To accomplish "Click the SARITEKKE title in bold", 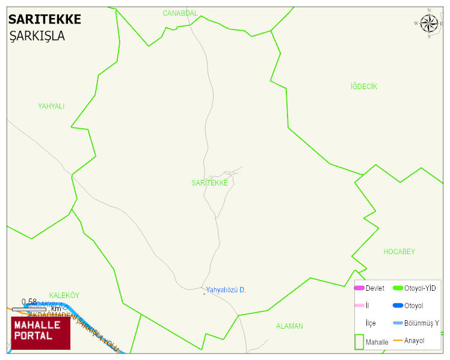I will [45, 19].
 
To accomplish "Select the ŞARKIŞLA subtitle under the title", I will [37, 36].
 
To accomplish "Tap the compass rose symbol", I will [429, 23].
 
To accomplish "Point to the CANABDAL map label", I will [180, 13].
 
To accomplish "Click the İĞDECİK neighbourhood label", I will [363, 87].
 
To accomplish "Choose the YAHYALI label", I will [51, 107].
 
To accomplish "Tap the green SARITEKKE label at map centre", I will [209, 183].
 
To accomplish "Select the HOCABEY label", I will [399, 252].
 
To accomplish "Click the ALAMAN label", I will [289, 326].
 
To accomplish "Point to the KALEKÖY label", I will [64, 296].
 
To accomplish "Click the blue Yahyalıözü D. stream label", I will [226, 290].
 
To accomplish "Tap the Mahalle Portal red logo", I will [41, 332].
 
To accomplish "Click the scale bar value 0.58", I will [29, 302].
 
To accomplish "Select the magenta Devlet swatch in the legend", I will [359, 288].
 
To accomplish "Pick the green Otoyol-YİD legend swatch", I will [398, 288].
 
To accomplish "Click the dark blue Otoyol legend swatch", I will [398, 306].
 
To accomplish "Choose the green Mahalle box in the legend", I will [359, 341].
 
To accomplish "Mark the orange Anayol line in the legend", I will [398, 341].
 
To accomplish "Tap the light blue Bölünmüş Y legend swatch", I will [398, 323].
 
